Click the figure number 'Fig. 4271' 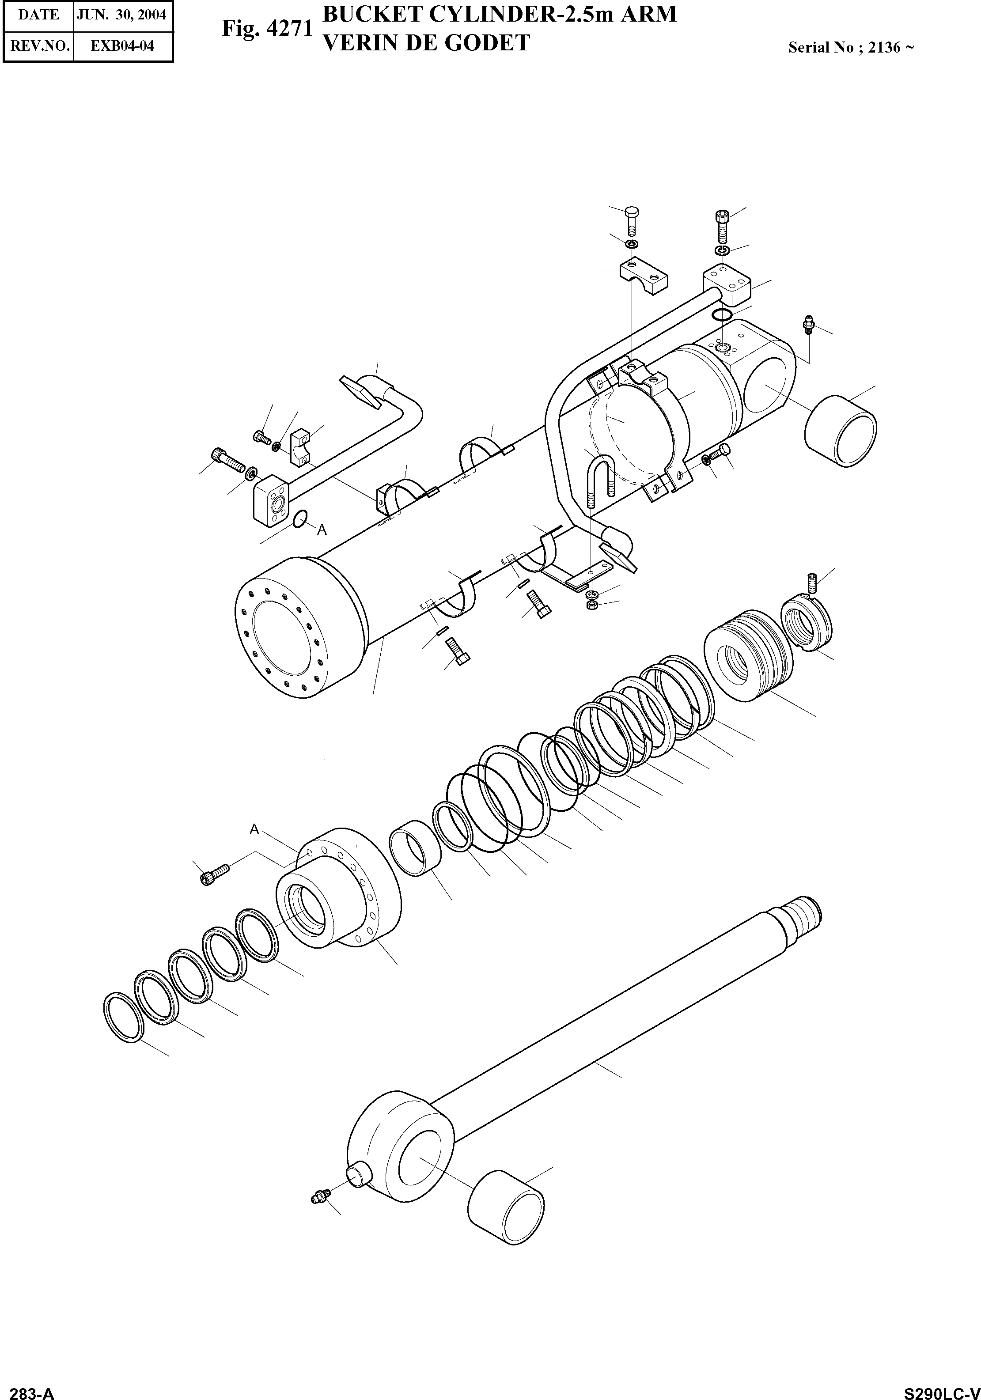[267, 28]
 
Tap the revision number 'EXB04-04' [122, 46]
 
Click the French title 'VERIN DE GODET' [425, 43]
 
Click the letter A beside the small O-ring [322, 530]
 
